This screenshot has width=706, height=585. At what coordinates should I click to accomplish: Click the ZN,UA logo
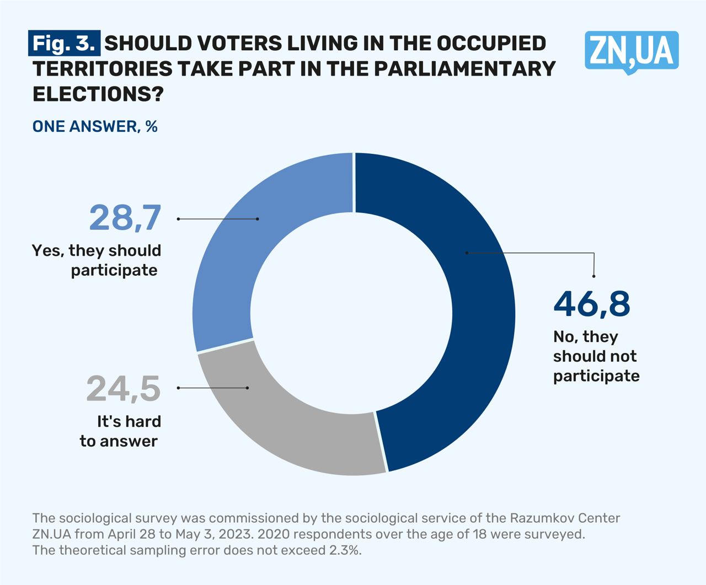tap(632, 51)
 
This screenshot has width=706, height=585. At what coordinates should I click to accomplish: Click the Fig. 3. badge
tap(65, 43)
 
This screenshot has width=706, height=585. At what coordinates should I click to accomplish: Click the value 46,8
tap(591, 303)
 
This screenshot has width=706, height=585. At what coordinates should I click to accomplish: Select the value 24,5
tap(123, 389)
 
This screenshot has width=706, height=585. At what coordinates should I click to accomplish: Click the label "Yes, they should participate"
tap(97, 260)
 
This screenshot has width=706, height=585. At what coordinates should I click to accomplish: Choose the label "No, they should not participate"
tap(596, 356)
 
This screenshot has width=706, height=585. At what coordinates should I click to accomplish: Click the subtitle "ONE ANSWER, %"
tap(95, 126)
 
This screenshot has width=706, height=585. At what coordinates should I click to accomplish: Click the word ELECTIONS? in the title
tap(98, 94)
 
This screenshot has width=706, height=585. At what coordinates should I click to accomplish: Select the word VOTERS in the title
tap(232, 43)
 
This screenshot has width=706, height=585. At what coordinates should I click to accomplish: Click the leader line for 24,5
tap(213, 388)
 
